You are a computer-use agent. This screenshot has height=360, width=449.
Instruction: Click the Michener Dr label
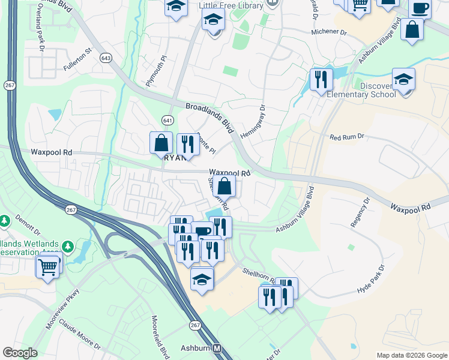(x=330, y=31)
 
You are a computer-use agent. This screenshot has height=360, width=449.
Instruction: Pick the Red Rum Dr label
(x=347, y=137)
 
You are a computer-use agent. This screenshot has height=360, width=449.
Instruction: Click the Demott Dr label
(x=26, y=226)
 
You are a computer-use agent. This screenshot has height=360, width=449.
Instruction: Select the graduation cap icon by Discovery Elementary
(x=403, y=80)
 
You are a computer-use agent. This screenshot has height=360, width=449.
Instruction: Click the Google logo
(x=20, y=353)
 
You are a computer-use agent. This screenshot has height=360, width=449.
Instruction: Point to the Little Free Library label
(x=231, y=5)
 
